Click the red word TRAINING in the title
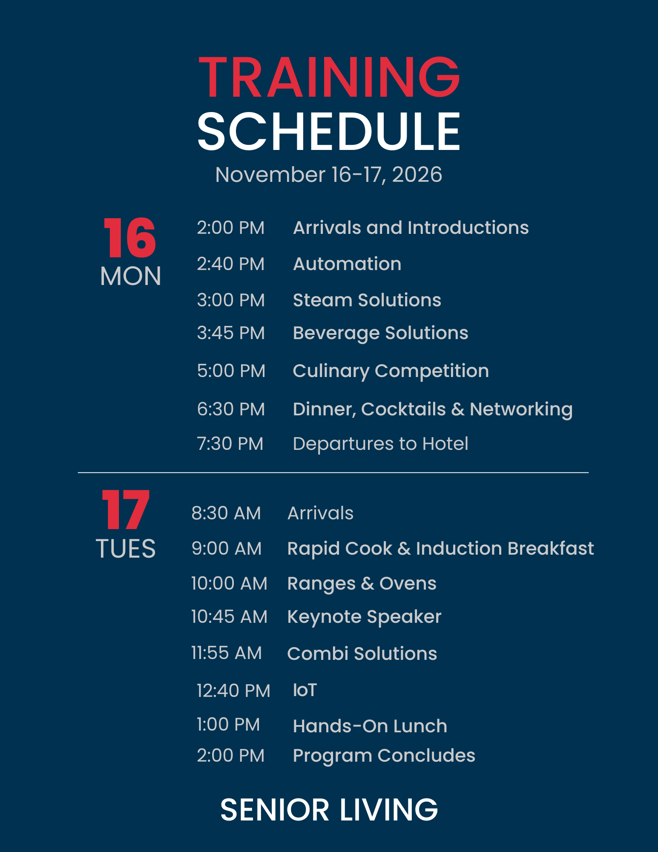click(x=329, y=77)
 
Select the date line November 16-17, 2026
click(x=329, y=175)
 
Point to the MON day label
click(x=130, y=276)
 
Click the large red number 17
click(x=126, y=509)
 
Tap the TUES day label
click(x=126, y=548)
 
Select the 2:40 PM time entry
click(x=230, y=264)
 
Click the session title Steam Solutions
click(x=367, y=300)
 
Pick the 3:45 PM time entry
click(x=231, y=333)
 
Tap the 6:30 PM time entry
click(x=231, y=409)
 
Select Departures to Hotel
click(x=381, y=444)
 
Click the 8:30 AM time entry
click(x=226, y=513)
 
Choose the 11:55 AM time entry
click(x=227, y=653)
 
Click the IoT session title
click(x=305, y=690)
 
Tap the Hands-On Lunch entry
click(x=370, y=726)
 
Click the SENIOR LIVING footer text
click(x=329, y=810)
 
